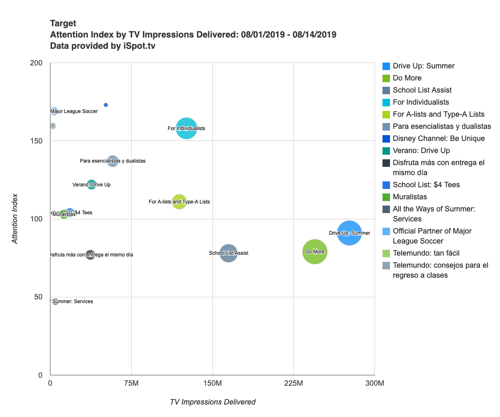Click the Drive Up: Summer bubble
click(349, 233)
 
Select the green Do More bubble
click(315, 251)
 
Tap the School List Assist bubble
click(228, 253)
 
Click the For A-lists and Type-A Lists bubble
click(179, 202)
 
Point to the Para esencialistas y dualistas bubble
click(112, 161)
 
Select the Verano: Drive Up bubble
click(92, 184)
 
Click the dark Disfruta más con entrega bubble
click(90, 255)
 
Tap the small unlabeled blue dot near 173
click(106, 105)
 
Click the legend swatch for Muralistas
click(386, 197)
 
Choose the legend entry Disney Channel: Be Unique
click(439, 138)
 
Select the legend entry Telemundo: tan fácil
click(426, 253)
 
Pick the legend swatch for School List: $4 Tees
click(386, 185)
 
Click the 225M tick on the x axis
click(293, 383)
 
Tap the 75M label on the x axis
click(131, 383)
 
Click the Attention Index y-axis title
click(15, 219)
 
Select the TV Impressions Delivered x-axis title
click(212, 402)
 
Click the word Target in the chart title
click(63, 23)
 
